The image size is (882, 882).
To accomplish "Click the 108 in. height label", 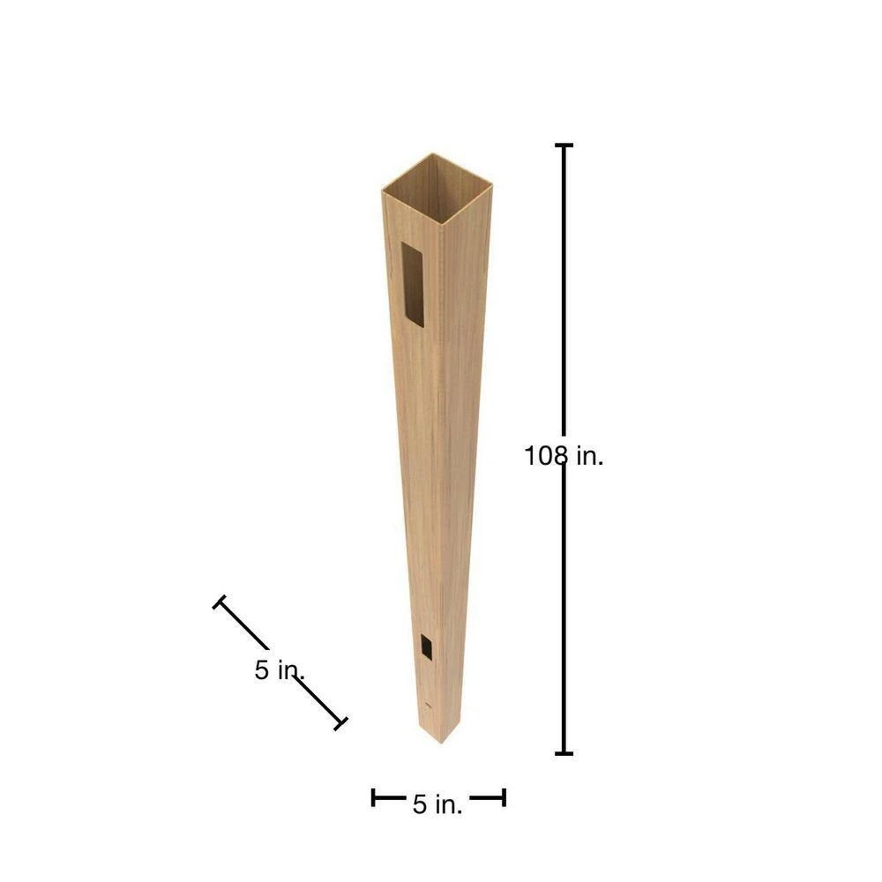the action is coord(564,456).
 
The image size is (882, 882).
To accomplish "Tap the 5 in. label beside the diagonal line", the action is coord(280,670).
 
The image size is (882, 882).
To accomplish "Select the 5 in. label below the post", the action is coord(437,804).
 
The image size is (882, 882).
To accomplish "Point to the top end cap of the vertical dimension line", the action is coord(564,146).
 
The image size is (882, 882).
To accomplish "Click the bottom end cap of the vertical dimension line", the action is coord(564,753).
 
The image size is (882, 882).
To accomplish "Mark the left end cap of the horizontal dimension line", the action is coord(373,797).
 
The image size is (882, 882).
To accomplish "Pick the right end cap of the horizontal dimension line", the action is coord(504,797).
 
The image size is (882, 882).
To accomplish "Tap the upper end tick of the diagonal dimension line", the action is coord(220,602).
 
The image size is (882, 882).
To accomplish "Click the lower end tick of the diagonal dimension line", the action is coord(340,724).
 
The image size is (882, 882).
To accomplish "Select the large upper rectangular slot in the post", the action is coord(412,284).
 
